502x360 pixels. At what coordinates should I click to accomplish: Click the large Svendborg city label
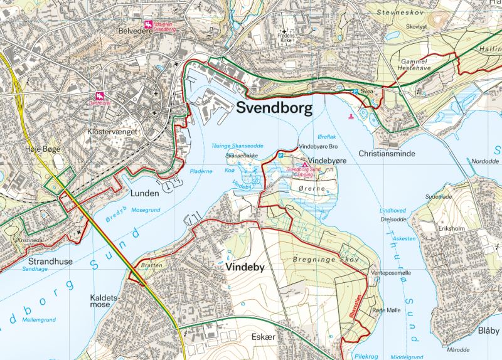[x=274, y=108]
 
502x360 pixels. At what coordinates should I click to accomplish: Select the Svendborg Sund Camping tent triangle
[x=305, y=166]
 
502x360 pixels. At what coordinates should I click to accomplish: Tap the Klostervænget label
[x=113, y=133]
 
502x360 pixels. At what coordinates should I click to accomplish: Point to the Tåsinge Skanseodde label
[x=237, y=145]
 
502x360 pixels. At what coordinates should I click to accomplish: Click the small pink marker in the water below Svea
[x=350, y=116]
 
